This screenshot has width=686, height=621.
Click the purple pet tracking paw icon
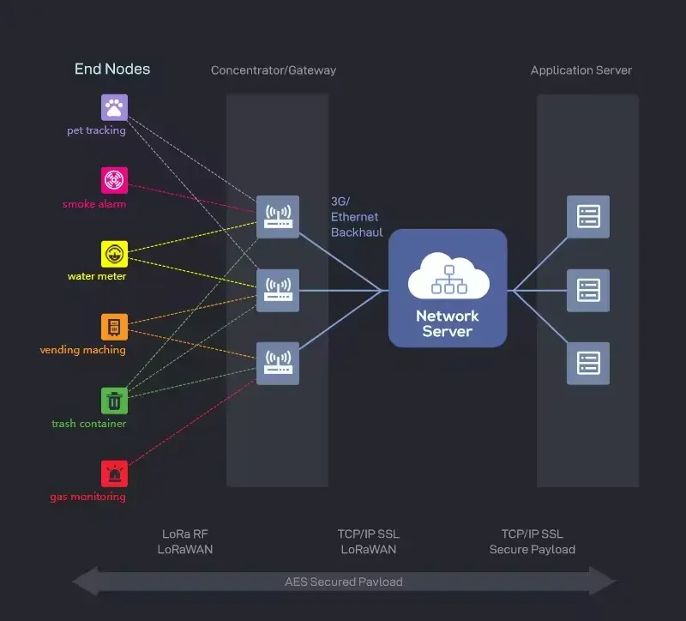click(x=115, y=107)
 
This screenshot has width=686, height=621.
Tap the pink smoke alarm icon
click(x=115, y=180)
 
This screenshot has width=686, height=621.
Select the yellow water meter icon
click(x=115, y=254)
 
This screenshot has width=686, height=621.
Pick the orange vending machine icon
click(x=115, y=327)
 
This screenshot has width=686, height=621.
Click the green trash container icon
click(x=115, y=401)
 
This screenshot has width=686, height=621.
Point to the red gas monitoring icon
click(x=115, y=473)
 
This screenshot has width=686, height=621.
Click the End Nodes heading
click(x=112, y=69)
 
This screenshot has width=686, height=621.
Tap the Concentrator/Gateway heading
click(x=274, y=70)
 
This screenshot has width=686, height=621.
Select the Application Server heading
click(x=581, y=70)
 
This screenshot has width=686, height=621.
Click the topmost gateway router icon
click(x=278, y=217)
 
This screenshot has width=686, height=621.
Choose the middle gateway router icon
click(x=278, y=290)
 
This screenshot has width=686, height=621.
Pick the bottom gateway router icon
click(x=278, y=363)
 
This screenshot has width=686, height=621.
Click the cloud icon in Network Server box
click(x=448, y=276)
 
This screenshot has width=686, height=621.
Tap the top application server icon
click(x=588, y=217)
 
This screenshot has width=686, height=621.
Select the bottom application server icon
click(x=588, y=363)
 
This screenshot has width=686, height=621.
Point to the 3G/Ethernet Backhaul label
click(x=357, y=217)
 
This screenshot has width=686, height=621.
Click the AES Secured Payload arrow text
click(x=344, y=582)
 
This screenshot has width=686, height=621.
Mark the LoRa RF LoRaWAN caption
click(x=185, y=541)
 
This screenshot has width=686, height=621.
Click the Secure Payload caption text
click(x=532, y=549)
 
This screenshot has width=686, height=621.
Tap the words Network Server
click(x=447, y=323)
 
